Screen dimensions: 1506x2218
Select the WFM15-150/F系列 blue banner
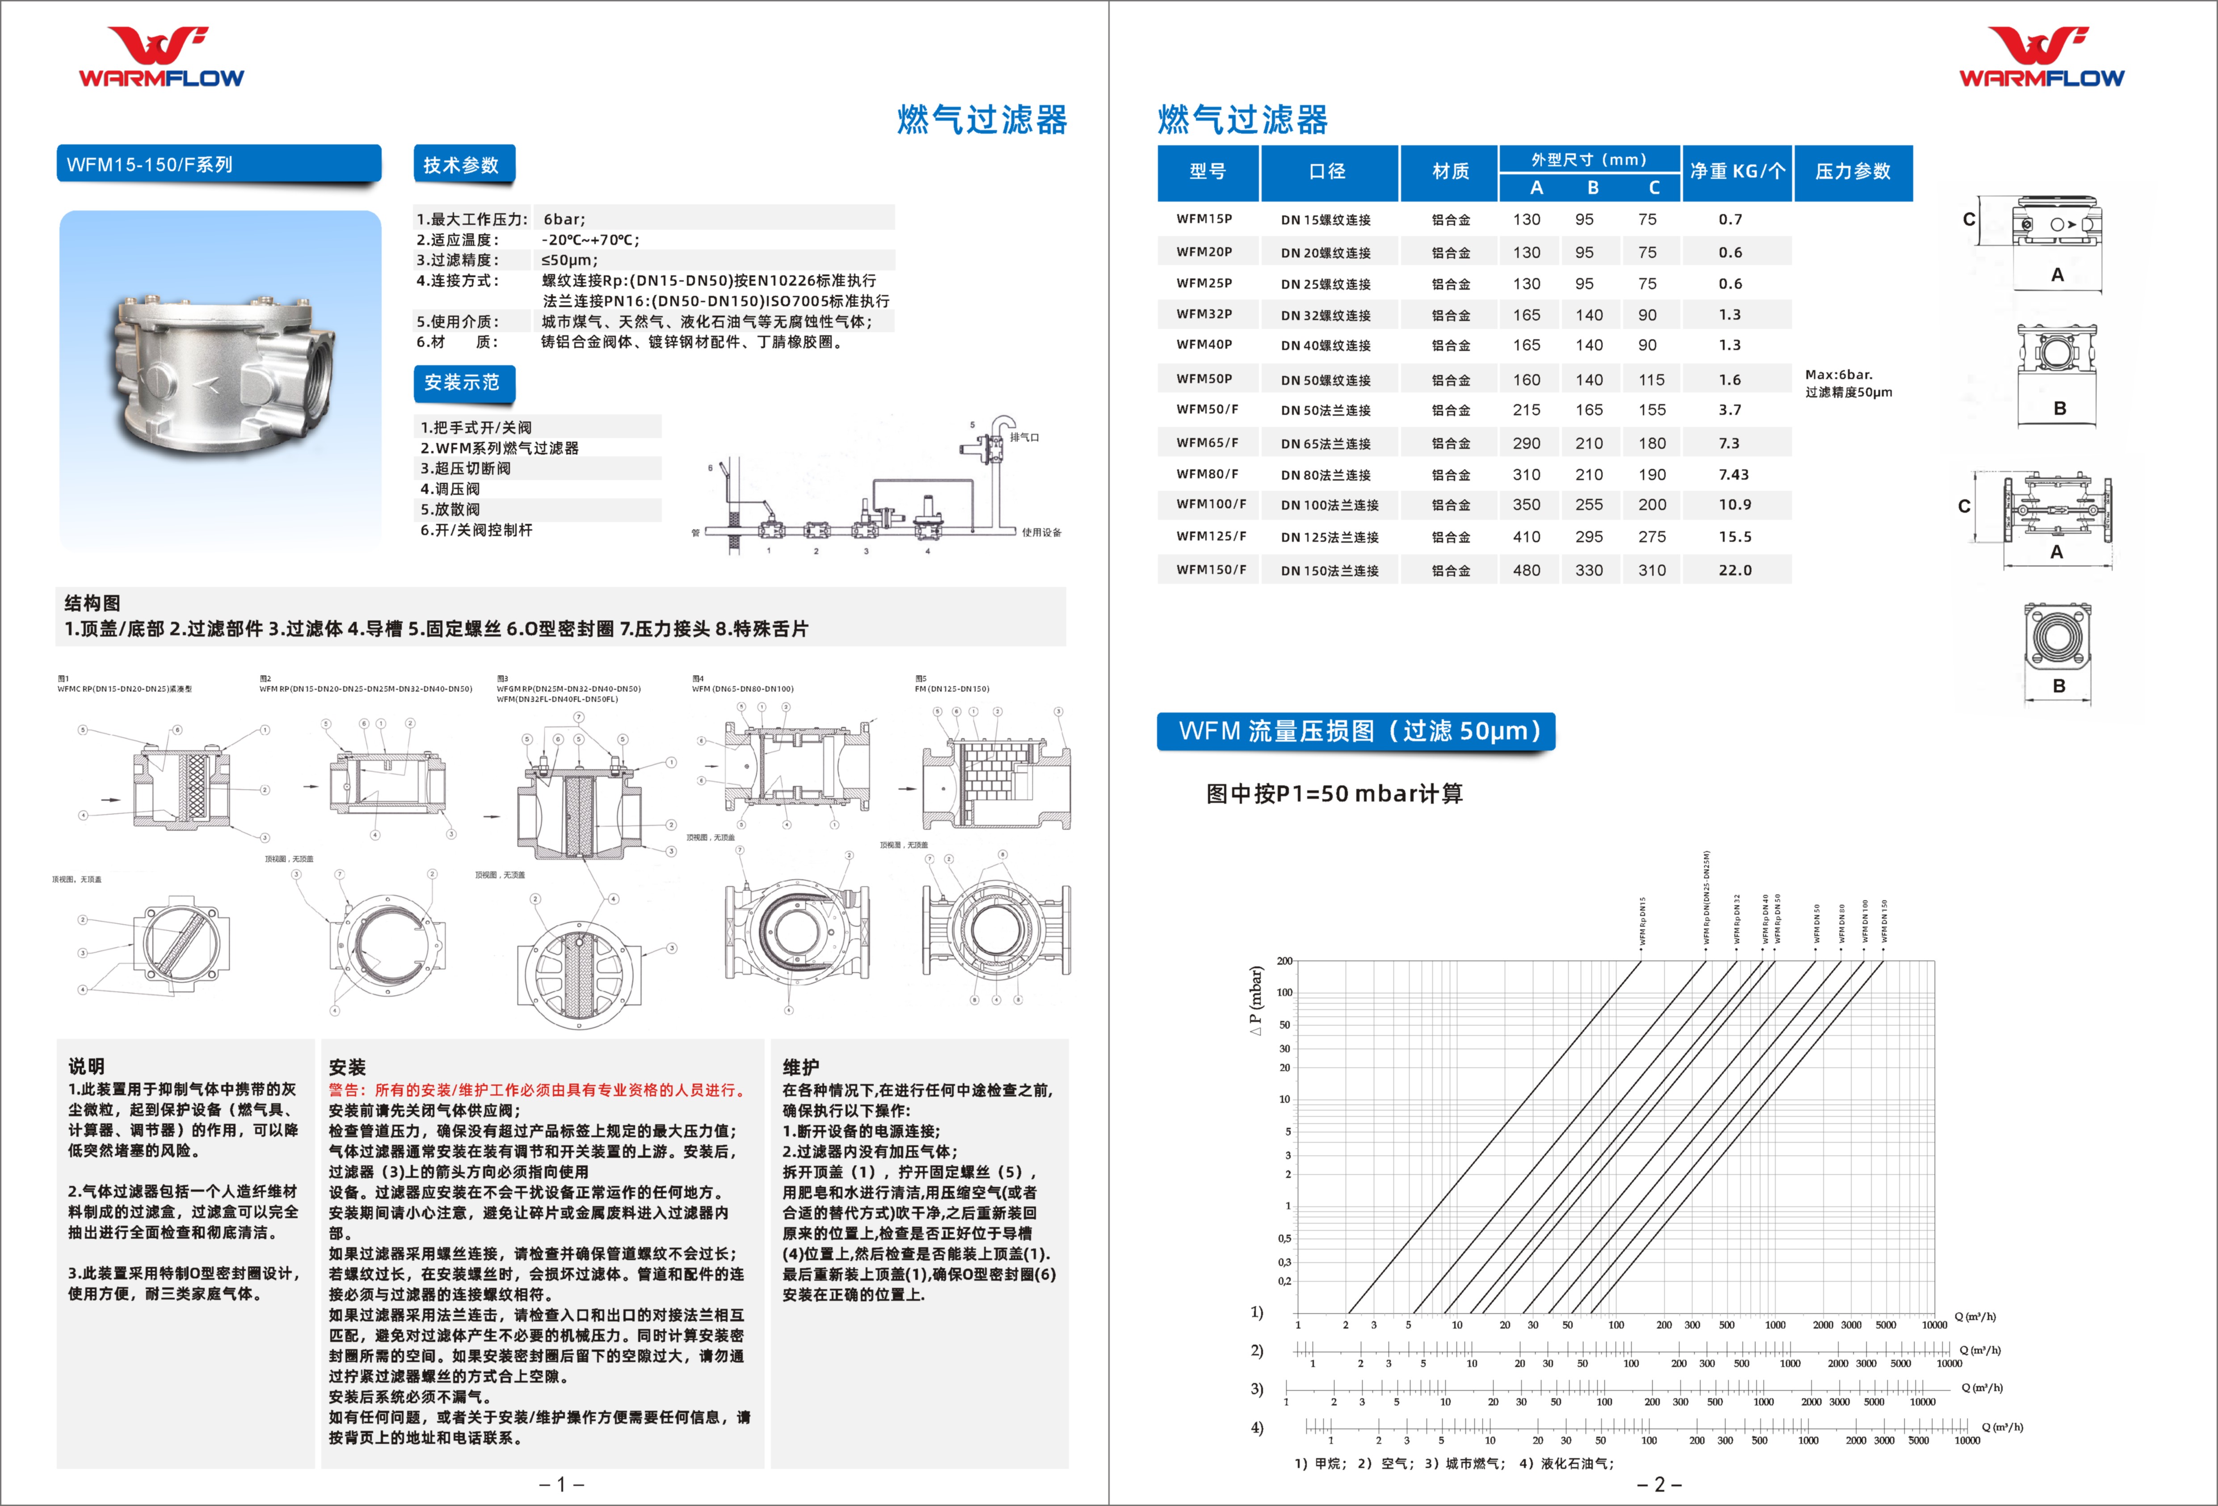click(219, 164)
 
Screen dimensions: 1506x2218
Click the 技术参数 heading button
click(463, 165)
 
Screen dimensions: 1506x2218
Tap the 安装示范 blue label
click(463, 383)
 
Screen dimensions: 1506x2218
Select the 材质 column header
click(1450, 172)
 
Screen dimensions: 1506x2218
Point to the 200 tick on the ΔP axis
click(1284, 961)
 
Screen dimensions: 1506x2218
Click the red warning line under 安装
click(537, 1090)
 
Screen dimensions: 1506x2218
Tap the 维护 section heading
click(801, 1067)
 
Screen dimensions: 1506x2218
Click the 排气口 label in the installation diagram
click(1024, 437)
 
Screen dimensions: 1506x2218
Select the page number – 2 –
click(1659, 1484)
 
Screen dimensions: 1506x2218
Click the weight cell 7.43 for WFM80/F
click(1733, 474)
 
